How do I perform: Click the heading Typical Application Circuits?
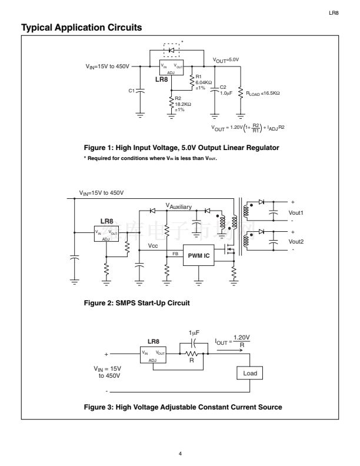[x=81, y=28]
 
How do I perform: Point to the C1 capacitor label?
[x=132, y=91]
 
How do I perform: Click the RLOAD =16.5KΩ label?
[x=263, y=92]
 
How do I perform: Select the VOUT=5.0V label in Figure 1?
[x=226, y=60]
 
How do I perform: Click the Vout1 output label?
[x=296, y=212]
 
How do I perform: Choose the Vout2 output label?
[x=296, y=242]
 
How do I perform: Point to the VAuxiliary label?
[x=180, y=207]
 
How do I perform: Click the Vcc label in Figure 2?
[x=153, y=245]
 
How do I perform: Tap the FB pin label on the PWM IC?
[x=175, y=254]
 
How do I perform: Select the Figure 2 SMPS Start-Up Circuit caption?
[x=138, y=303]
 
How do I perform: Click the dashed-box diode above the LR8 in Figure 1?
[x=172, y=51]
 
